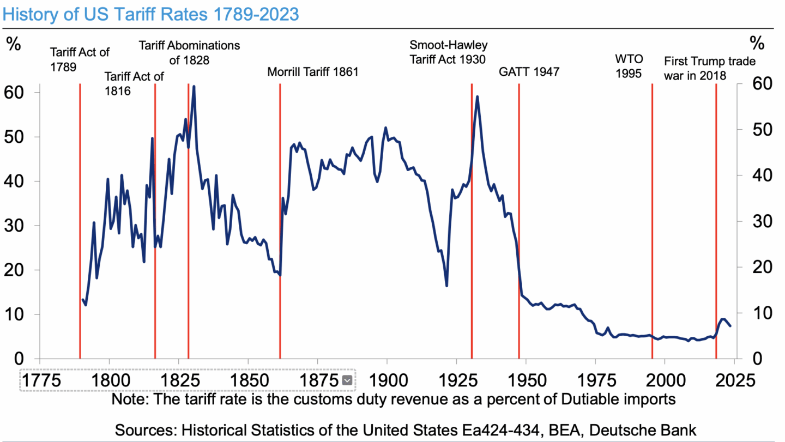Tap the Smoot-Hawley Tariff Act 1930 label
click(448, 52)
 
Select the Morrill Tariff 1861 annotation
click(312, 72)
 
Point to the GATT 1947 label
click(529, 72)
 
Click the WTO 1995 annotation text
click(629, 66)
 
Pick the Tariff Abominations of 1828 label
click(189, 52)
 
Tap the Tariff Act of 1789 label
click(80, 59)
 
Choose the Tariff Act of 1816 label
click(134, 83)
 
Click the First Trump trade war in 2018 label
click(710, 68)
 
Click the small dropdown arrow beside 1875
click(346, 380)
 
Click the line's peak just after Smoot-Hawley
click(477, 97)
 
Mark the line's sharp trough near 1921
click(446, 286)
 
